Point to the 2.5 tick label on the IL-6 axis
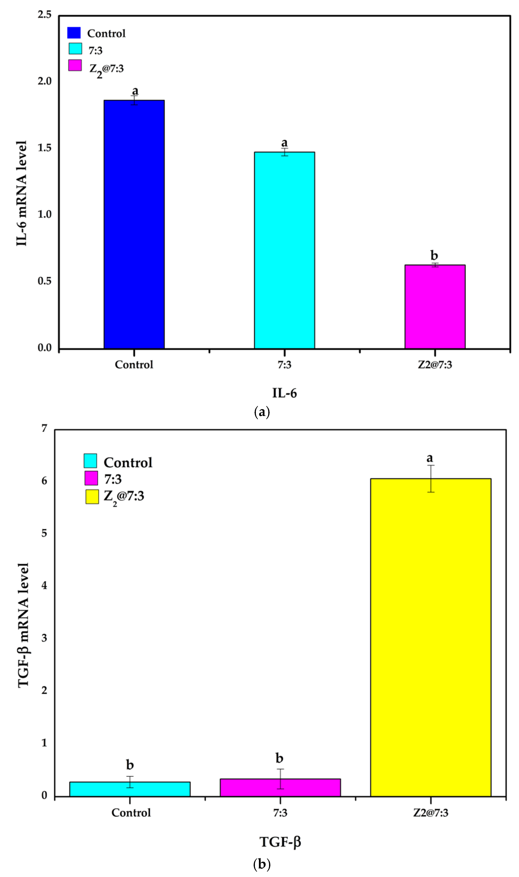coord(44,15)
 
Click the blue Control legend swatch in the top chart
coord(74,33)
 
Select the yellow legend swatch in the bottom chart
coord(92,496)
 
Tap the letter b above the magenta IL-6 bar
coord(434,255)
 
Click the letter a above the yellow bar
coord(430,458)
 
